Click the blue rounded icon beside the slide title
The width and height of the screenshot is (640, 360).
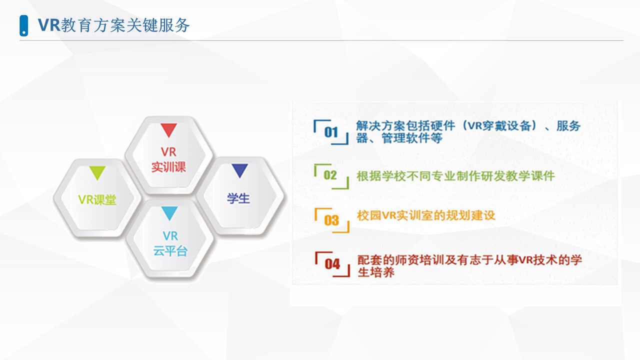tap(23, 25)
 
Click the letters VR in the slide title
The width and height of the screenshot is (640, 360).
tap(49, 25)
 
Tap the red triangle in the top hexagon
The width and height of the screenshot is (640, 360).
tap(168, 130)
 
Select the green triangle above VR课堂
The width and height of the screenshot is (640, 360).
tap(97, 173)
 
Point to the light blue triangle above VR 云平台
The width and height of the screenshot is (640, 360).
tap(169, 213)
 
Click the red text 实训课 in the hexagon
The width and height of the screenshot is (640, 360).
tap(168, 167)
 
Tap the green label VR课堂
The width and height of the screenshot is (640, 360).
tap(97, 199)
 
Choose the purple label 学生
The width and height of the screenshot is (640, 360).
tap(238, 198)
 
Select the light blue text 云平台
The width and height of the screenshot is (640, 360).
tap(170, 251)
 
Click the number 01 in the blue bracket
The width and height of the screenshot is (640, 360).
tap(331, 132)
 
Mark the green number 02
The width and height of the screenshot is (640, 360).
tap(330, 175)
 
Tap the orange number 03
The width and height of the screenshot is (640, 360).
tap(331, 220)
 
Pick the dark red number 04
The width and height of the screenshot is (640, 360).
tap(332, 263)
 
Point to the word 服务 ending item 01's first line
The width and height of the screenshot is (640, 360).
tap(568, 126)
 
